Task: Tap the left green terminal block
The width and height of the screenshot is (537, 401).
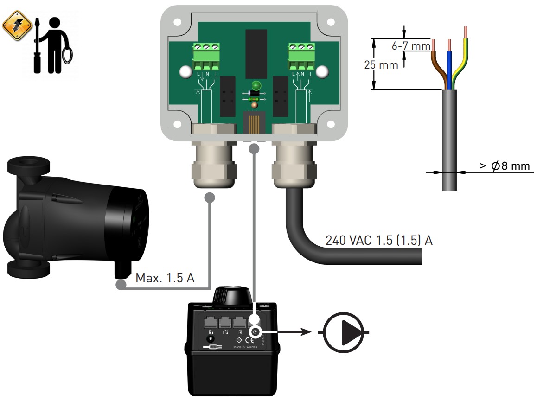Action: pyautogui.click(x=206, y=56)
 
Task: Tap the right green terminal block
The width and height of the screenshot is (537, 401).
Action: pyautogui.click(x=301, y=56)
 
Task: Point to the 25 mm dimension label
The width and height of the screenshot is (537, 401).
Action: pyautogui.click(x=381, y=65)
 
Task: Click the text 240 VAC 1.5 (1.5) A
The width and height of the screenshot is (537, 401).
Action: pyautogui.click(x=379, y=241)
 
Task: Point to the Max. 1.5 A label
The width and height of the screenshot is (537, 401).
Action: pyautogui.click(x=165, y=279)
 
